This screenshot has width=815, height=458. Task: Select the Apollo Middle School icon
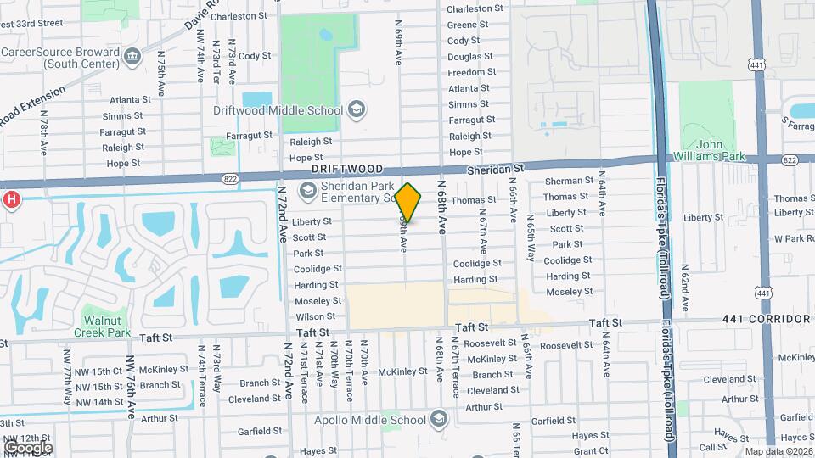(438, 419)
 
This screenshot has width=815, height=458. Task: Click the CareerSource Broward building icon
(132, 56)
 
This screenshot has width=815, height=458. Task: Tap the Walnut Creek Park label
(107, 327)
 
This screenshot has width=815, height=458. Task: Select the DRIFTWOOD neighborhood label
(347, 170)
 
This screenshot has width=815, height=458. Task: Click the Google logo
(28, 447)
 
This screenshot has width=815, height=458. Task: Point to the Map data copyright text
(778, 450)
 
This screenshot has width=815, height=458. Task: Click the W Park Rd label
(793, 239)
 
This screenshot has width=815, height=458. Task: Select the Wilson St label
(315, 316)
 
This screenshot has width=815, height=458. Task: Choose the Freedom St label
(466, 72)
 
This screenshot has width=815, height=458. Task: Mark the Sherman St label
(569, 181)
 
